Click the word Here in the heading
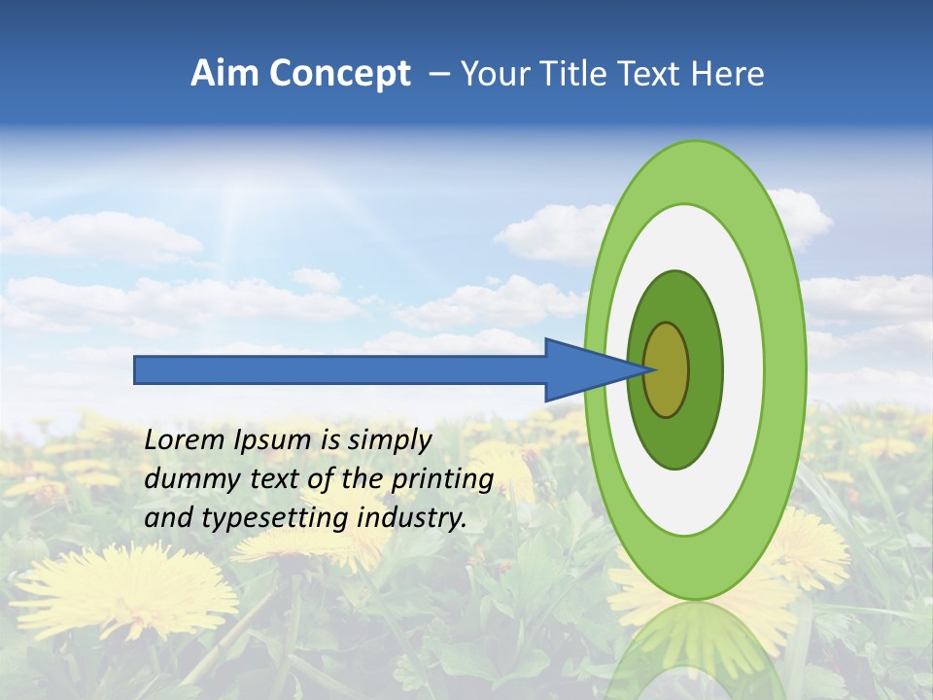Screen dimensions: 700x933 727,74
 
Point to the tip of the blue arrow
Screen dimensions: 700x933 653,369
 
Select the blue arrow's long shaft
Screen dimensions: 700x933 340,369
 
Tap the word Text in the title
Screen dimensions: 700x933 650,74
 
